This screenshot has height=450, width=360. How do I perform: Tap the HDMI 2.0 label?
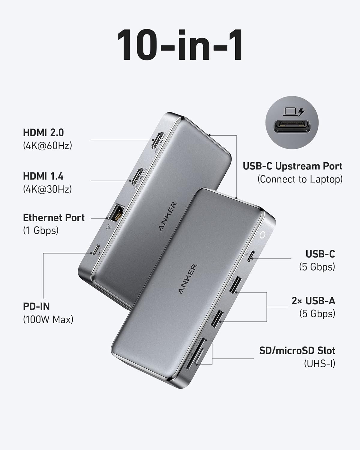click(43, 133)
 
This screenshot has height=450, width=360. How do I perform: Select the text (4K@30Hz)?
click(47, 189)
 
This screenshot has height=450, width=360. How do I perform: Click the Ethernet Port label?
click(54, 218)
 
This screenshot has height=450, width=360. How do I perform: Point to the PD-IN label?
click(36, 306)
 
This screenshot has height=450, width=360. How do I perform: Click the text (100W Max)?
click(48, 319)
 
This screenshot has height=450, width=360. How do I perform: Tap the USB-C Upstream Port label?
click(292, 166)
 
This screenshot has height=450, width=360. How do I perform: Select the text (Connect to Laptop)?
click(300, 179)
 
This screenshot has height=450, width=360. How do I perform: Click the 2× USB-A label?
click(313, 301)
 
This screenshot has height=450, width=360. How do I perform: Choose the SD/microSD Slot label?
click(297, 350)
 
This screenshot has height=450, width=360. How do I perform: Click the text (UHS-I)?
click(319, 364)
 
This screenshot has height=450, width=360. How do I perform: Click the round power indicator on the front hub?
click(262, 235)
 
